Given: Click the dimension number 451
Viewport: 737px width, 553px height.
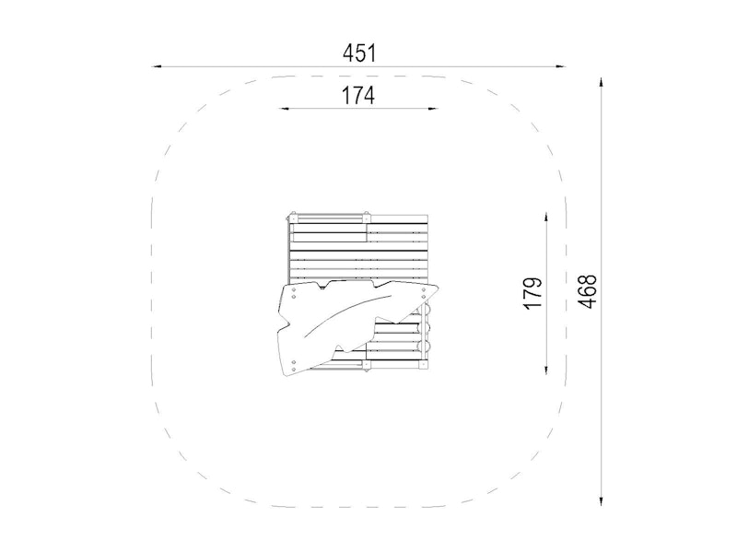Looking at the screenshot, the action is (x=359, y=53).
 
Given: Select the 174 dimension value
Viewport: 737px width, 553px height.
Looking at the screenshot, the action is (x=357, y=96).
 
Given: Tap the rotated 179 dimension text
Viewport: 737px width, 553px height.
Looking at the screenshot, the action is (x=532, y=293).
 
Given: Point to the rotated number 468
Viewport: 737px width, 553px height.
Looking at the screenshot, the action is (x=587, y=291).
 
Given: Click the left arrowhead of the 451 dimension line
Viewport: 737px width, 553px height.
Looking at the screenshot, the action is (x=157, y=66).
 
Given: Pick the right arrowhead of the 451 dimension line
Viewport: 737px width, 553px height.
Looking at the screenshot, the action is (x=560, y=66).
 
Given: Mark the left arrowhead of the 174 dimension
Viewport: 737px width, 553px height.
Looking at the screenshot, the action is (x=284, y=109).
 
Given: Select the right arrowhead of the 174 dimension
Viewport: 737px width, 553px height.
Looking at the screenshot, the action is (x=432, y=109).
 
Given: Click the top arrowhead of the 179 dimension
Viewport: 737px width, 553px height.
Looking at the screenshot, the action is (x=545, y=218).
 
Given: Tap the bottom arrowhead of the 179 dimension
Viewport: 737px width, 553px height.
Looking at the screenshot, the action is (x=545, y=370).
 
